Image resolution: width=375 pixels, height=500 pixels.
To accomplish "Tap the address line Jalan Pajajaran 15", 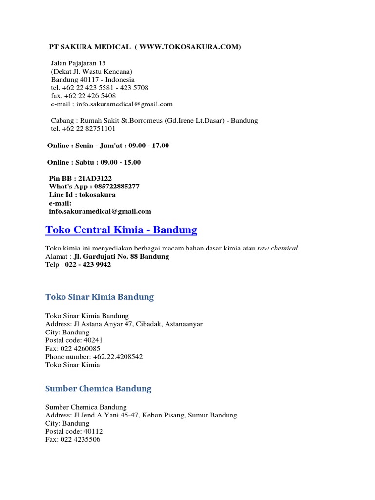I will coord(79,63).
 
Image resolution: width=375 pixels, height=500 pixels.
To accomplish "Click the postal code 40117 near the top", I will coord(88,80).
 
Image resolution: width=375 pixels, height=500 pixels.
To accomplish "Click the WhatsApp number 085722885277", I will coord(113,187).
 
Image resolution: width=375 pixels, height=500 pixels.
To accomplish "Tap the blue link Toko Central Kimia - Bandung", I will coord(121,229).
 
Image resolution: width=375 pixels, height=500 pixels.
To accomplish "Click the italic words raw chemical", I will coord(278,248).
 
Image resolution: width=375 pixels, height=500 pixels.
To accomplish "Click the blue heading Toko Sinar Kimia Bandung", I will coord(100,297).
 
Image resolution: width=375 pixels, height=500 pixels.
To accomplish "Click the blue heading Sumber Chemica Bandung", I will coord(99,389).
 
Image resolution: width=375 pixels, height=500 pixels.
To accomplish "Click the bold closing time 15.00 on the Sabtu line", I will coord(131,162).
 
